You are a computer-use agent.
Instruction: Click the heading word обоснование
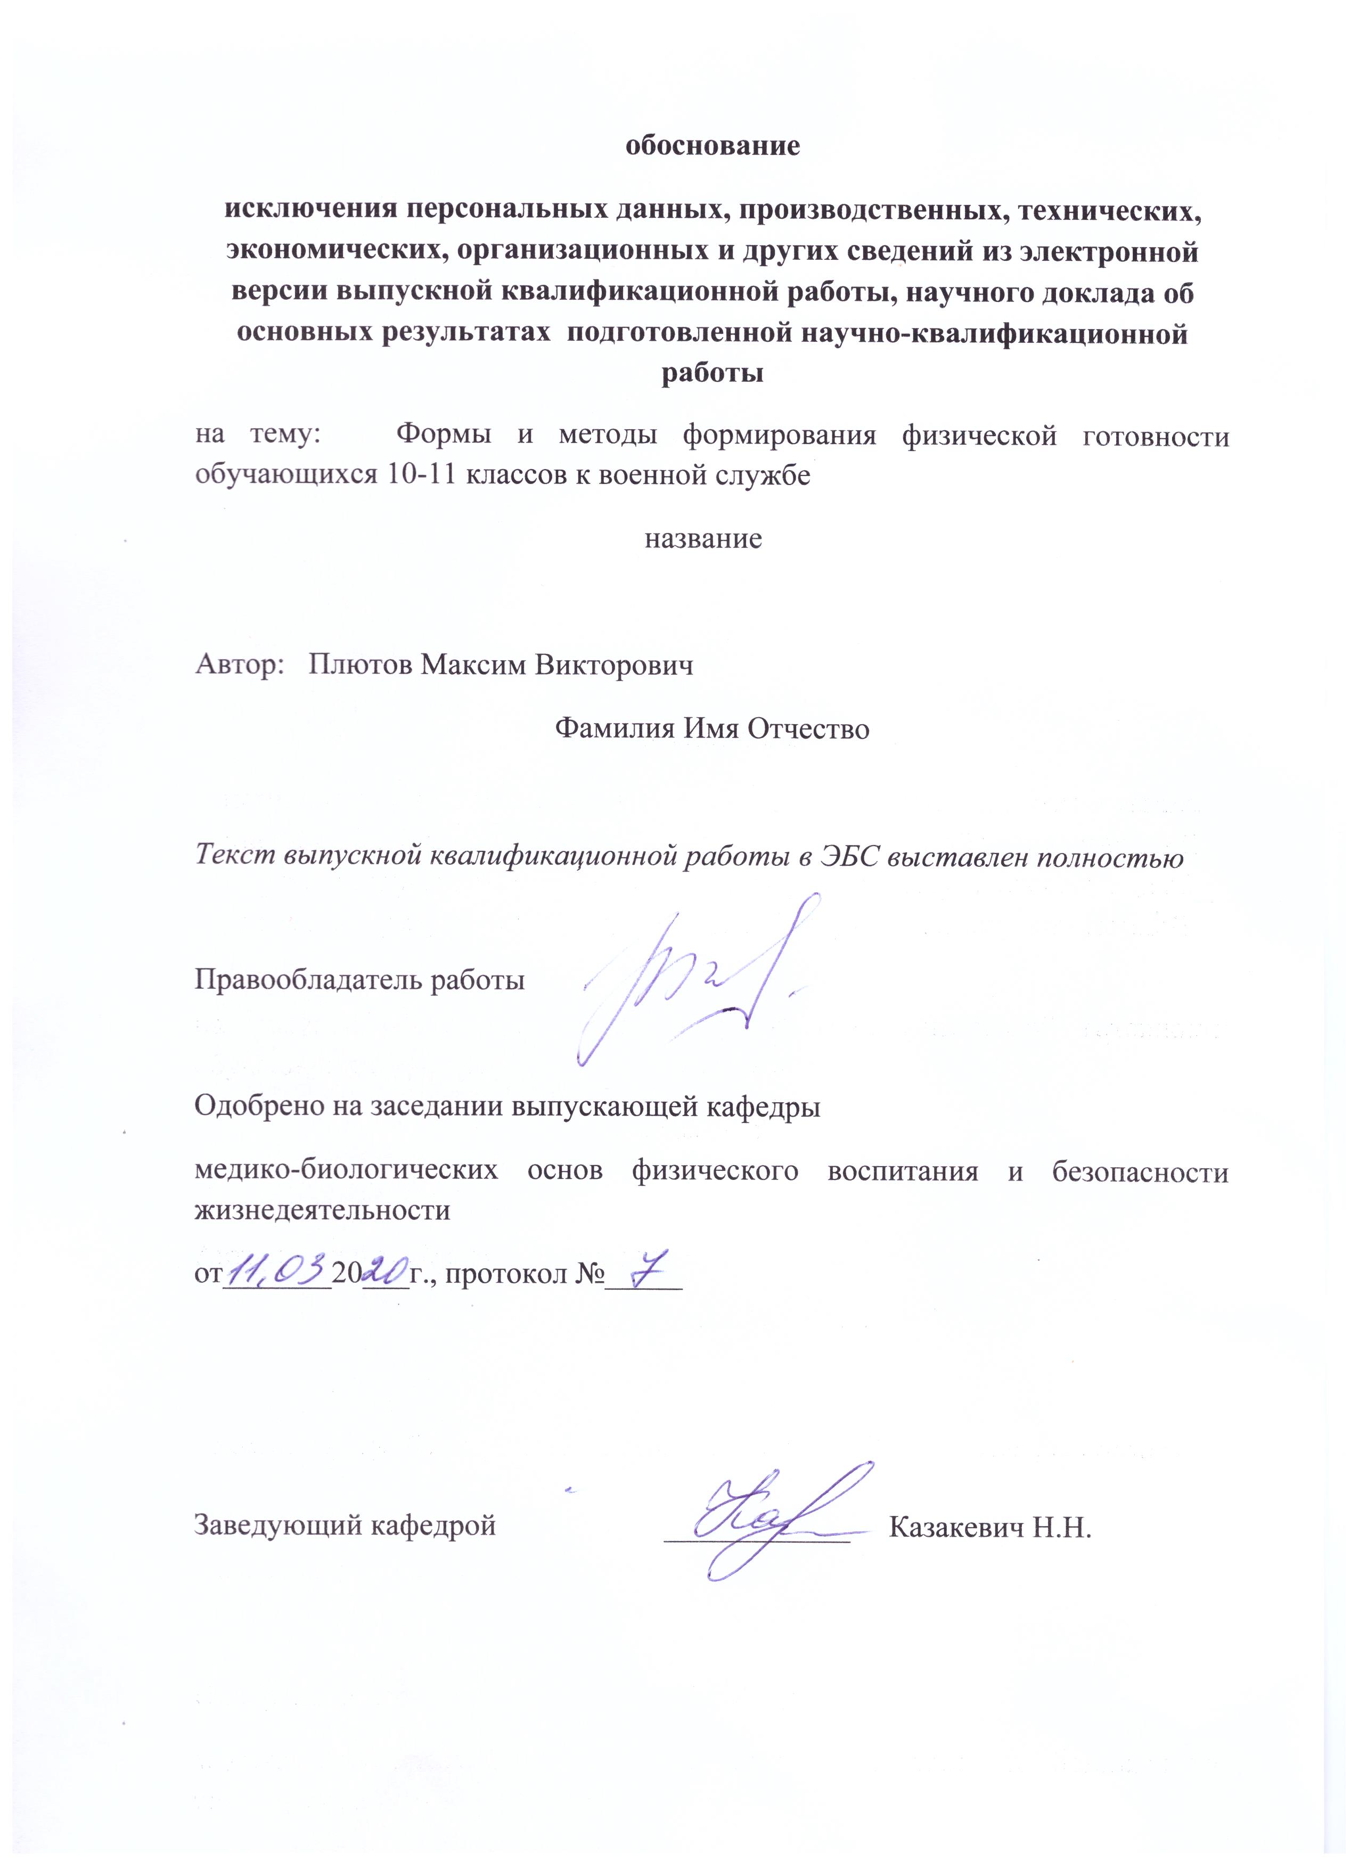(x=713, y=146)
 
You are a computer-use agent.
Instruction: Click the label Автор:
(x=235, y=665)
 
